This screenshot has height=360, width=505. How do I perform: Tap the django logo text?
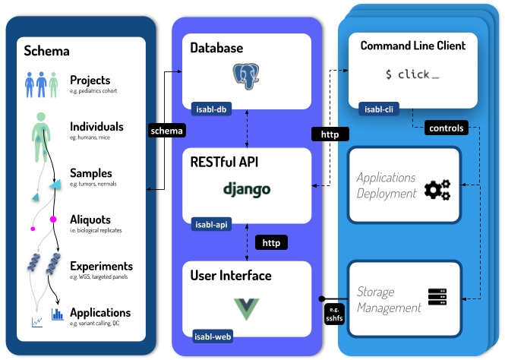click(247, 188)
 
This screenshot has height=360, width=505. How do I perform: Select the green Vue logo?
click(248, 308)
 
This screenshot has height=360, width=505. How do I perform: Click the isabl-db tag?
click(210, 108)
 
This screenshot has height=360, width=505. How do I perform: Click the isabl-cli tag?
click(380, 109)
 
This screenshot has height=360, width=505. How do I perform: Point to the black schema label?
click(166, 131)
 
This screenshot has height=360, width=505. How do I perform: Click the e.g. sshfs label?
click(335, 314)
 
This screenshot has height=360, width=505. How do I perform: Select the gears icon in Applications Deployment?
click(437, 190)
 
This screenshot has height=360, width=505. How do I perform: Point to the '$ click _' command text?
click(412, 74)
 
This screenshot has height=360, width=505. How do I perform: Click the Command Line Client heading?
click(413, 46)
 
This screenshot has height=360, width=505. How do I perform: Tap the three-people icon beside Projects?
click(42, 84)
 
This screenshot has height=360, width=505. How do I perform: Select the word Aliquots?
click(90, 219)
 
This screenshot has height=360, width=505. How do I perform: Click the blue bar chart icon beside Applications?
click(56, 314)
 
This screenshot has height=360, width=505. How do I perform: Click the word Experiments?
click(101, 266)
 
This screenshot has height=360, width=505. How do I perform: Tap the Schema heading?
click(46, 52)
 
